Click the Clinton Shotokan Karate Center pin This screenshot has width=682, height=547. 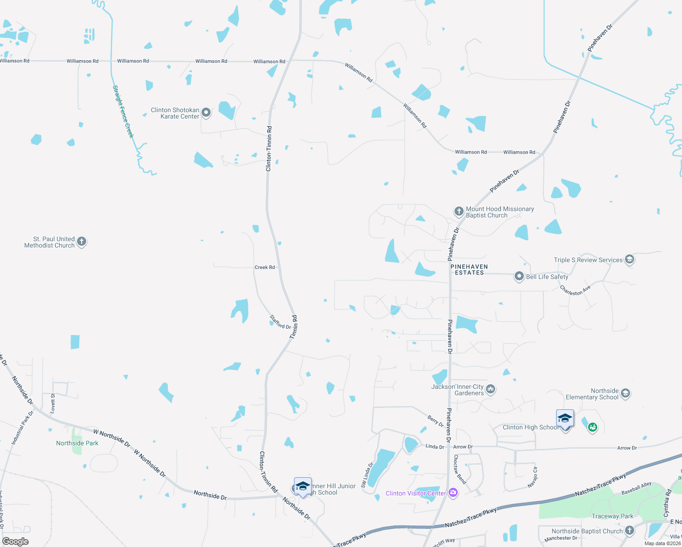[206, 112]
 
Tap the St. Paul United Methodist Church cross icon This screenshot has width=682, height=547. [82, 242]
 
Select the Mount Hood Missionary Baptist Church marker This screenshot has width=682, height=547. [459, 211]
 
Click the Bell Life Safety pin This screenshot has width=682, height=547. [519, 276]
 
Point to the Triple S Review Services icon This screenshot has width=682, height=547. [630, 259]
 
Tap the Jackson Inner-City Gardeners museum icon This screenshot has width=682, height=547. [491, 389]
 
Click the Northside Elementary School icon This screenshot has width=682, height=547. [625, 393]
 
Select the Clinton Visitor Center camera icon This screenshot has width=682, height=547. [453, 493]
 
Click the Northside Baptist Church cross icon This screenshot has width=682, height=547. [630, 530]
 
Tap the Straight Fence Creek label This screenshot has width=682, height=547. [124, 112]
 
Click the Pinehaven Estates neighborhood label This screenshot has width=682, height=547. [469, 269]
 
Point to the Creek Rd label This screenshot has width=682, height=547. [264, 267]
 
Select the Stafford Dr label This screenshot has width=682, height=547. [280, 322]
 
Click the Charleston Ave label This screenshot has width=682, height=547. [575, 290]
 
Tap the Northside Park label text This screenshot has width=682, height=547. [77, 443]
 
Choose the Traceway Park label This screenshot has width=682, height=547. [612, 516]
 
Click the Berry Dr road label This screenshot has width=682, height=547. [435, 421]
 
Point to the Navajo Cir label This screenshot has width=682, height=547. [532, 477]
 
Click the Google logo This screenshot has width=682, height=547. [15, 541]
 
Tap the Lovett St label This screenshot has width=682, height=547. [53, 403]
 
